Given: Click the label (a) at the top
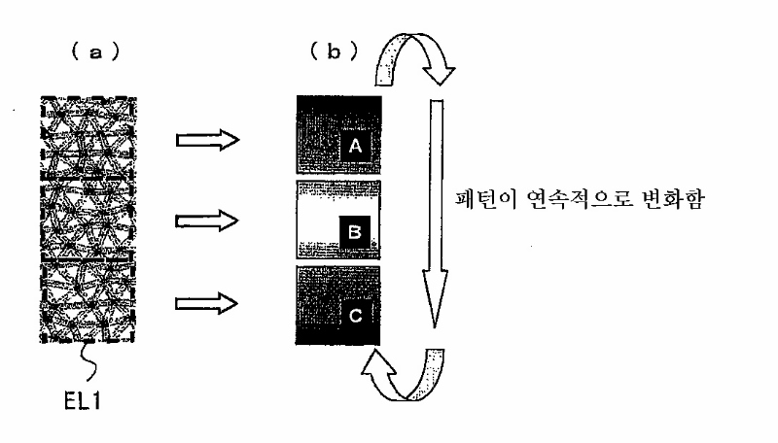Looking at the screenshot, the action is click(x=95, y=51).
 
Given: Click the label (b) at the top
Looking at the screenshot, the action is click(x=334, y=51).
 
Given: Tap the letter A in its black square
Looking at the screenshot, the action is click(x=355, y=146).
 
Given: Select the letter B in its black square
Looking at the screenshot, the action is click(x=355, y=231).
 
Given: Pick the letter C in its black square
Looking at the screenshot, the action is click(x=355, y=316).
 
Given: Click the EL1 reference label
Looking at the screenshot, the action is click(x=83, y=401).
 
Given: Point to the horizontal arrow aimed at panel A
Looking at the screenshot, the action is click(x=208, y=140).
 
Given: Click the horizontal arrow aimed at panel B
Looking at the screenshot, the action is click(x=207, y=221).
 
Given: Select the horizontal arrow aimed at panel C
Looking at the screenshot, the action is click(x=207, y=303).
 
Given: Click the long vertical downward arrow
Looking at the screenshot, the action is click(x=436, y=213).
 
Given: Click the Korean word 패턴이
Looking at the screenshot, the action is click(x=486, y=199).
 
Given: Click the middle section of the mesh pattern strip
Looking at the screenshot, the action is click(x=88, y=219).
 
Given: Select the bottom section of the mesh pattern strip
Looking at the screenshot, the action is click(x=88, y=301).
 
